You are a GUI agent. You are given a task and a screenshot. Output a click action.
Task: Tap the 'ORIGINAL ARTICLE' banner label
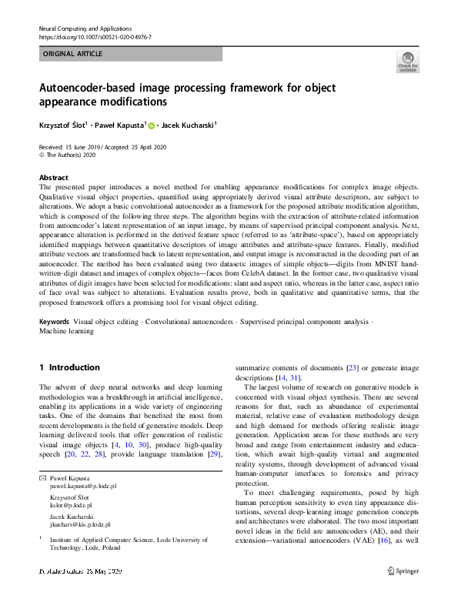coord(72,55)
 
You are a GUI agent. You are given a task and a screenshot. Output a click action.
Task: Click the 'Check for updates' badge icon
coord(407,61)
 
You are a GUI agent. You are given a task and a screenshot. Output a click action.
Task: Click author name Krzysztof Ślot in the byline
coord(63,124)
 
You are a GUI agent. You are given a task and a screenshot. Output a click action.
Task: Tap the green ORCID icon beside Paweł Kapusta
coord(152,125)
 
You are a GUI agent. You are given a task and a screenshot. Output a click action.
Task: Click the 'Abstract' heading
coord(53,176)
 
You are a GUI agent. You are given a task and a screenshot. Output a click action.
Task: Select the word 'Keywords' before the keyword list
coord(54,320)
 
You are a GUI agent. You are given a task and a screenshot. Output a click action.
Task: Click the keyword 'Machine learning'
coord(66,331)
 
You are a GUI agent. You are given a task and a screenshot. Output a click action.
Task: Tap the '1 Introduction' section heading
coord(69,367)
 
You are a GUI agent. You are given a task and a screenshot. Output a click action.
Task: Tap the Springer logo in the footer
coord(402,571)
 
